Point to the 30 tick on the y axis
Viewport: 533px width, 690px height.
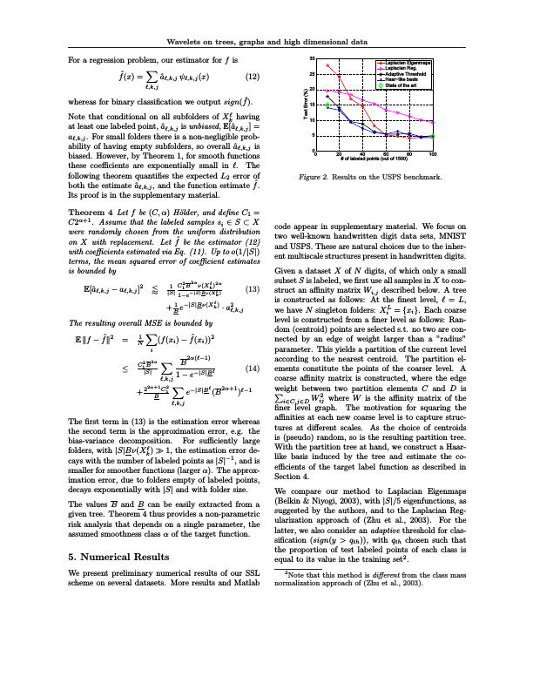tap(311, 57)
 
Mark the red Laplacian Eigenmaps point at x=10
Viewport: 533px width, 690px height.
tap(327, 65)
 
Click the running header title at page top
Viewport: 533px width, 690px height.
tap(266, 41)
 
